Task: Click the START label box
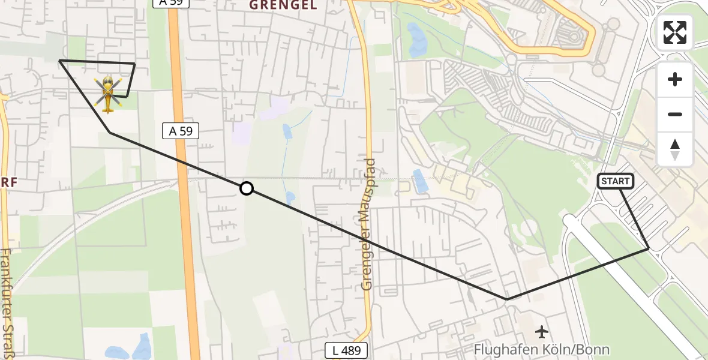click(615, 181)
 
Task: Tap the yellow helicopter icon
click(108, 94)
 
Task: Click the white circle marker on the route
click(246, 188)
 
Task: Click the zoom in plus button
click(675, 79)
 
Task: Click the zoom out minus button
click(675, 114)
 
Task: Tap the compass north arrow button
click(675, 149)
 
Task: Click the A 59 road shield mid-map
click(181, 131)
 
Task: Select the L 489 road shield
click(346, 350)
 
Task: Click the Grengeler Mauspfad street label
click(368, 224)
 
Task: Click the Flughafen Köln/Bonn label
click(541, 349)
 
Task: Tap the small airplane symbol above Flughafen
click(542, 331)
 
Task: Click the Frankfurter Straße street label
click(7, 303)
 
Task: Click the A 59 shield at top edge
click(170, 3)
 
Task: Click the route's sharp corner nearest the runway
click(649, 248)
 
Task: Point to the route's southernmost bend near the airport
click(507, 299)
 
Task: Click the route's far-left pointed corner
click(59, 61)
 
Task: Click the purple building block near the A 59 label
click(242, 131)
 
